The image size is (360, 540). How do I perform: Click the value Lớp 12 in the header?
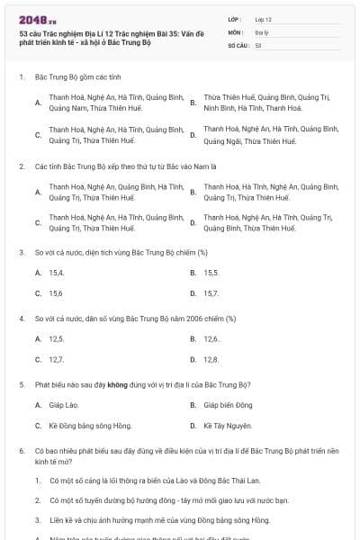(x=264, y=18)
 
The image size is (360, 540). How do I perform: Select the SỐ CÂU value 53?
(x=258, y=44)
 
